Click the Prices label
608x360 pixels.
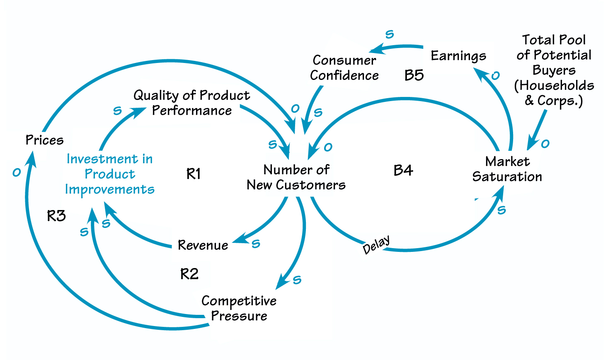coord(44,140)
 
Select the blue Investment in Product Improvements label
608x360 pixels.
coord(110,174)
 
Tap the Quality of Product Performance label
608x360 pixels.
coord(191,103)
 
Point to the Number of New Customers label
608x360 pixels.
coord(296,177)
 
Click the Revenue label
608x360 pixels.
coord(203,245)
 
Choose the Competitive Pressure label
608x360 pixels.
coord(239,308)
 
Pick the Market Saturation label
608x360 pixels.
coord(507,169)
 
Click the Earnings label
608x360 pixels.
coord(458,56)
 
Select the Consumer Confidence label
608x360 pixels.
coord(344,68)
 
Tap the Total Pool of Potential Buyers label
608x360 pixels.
coord(554,70)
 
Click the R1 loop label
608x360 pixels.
coord(194,174)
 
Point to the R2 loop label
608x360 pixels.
coord(189,274)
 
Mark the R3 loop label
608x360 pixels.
coord(56,216)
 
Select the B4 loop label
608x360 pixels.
coord(403,170)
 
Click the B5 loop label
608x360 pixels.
coord(414,75)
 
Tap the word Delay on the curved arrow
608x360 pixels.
coord(376,244)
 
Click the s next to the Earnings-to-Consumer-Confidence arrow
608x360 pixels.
coord(390,34)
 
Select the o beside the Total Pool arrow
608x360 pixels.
coord(545,144)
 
